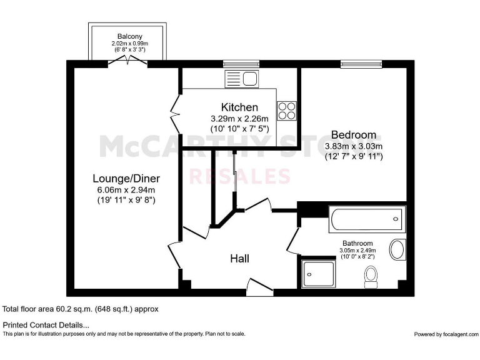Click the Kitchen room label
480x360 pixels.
[239, 107]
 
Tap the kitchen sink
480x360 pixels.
[241, 79]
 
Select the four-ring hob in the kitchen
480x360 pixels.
[287, 111]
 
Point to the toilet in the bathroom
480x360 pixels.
[371, 276]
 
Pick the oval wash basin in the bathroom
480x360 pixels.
[397, 249]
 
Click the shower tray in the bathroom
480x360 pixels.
[317, 273]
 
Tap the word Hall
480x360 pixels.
[240, 258]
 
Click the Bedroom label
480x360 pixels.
[354, 134]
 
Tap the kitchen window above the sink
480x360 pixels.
[241, 63]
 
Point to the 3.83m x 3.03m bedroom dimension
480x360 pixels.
[354, 146]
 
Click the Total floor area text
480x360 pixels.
[81, 309]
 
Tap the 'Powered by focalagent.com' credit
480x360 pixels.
[445, 334]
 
